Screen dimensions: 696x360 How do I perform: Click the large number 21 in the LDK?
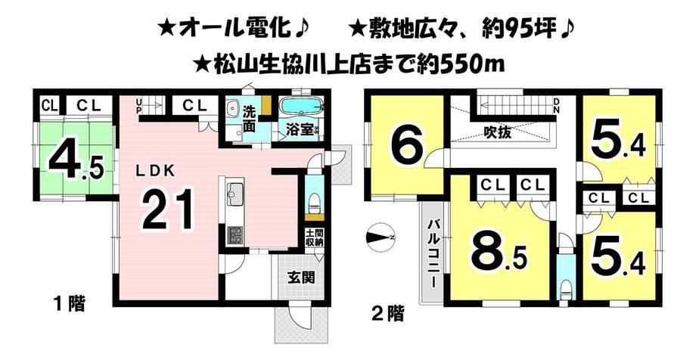click(169, 209)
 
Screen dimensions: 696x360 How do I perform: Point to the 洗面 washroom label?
click(249, 119)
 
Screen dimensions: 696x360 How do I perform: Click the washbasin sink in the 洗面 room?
click(232, 108)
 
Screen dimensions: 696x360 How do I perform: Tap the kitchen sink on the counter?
click(235, 194)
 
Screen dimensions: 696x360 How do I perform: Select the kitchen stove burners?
click(235, 236)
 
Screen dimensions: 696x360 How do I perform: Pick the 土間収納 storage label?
click(314, 238)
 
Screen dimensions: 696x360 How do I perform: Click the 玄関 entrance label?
click(301, 278)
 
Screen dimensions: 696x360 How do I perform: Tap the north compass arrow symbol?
click(380, 238)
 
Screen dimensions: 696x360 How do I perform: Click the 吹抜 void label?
click(498, 132)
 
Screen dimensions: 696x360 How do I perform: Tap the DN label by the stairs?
click(556, 105)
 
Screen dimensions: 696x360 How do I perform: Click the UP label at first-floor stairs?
click(139, 105)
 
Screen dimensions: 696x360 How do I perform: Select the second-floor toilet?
click(565, 292)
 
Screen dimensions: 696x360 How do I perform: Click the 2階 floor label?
click(387, 315)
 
